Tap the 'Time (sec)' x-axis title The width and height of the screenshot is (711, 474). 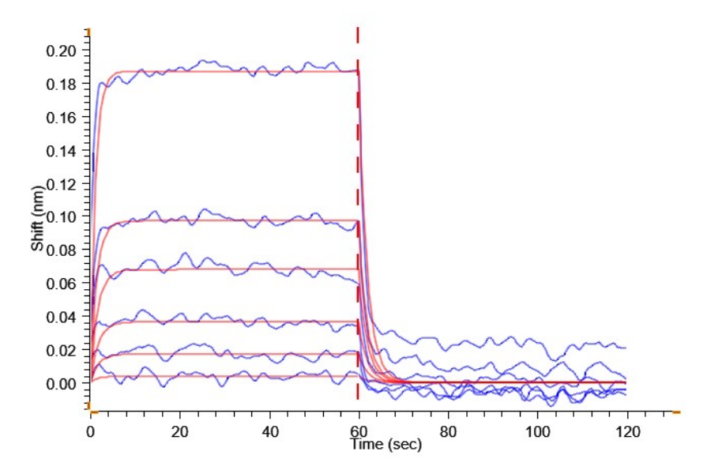(x=386, y=445)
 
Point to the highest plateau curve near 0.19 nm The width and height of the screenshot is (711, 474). (x=237, y=71)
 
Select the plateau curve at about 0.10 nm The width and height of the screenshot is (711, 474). (x=237, y=220)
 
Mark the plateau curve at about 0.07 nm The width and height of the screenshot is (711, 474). (x=237, y=269)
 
